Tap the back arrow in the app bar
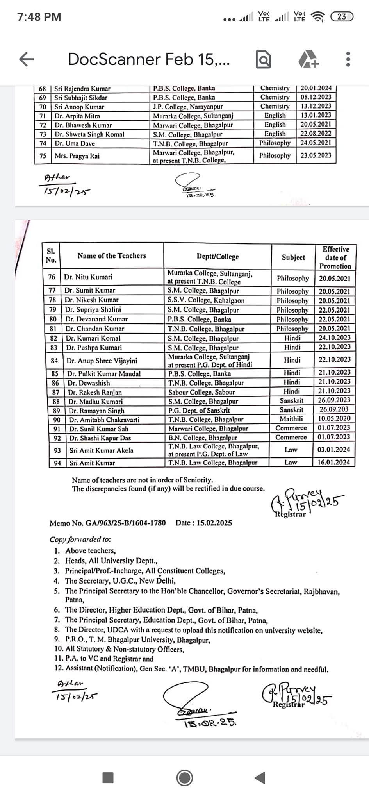[x=27, y=59]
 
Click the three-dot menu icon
[x=348, y=59]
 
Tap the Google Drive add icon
[x=308, y=59]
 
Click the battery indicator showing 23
[x=342, y=16]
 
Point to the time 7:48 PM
[x=39, y=17]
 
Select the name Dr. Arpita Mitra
[x=77, y=116]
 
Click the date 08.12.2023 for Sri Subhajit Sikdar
[x=316, y=97]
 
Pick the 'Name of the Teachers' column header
[x=112, y=256]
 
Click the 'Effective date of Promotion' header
[x=336, y=257]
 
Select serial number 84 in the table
[x=55, y=361]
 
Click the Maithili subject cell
[x=291, y=419]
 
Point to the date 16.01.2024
[x=333, y=462]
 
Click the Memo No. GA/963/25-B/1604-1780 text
[x=107, y=523]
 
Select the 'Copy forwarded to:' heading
[x=80, y=539]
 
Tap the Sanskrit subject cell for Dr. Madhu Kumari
[x=291, y=400]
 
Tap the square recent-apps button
[x=108, y=778]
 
